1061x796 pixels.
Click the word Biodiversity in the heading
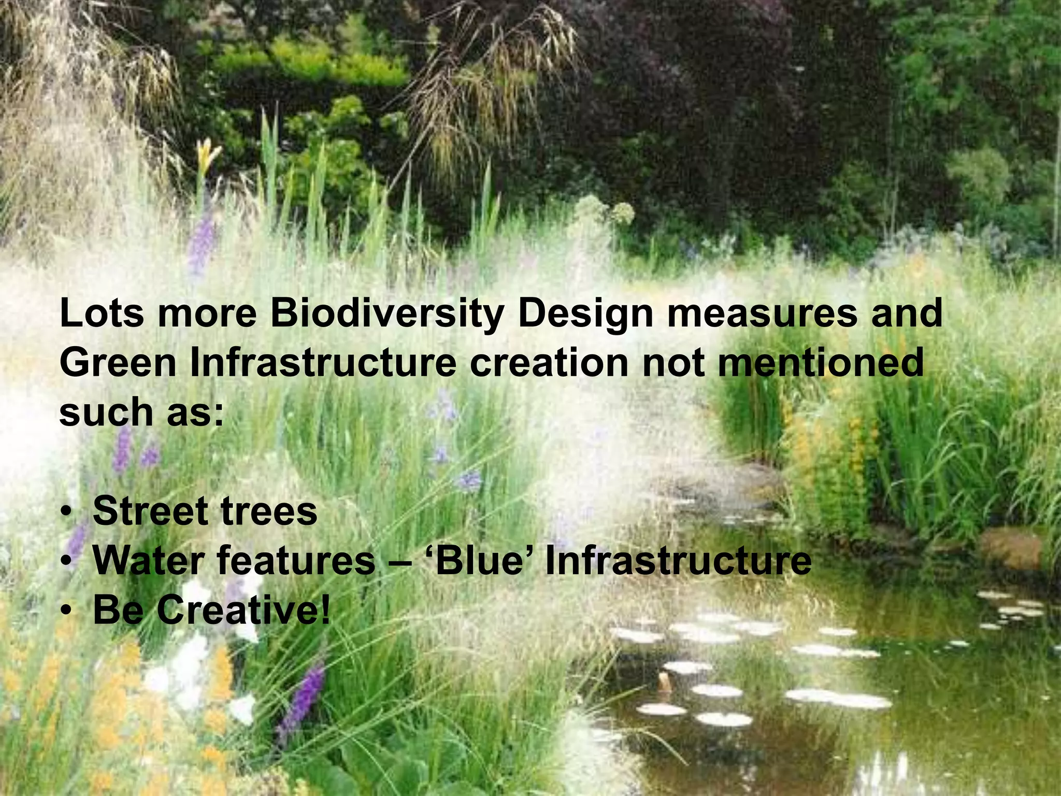point(386,314)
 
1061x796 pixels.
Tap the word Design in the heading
point(585,314)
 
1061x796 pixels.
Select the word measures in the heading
point(762,314)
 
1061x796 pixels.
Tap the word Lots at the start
point(102,314)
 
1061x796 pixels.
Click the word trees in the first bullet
point(269,511)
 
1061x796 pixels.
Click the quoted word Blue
point(479,560)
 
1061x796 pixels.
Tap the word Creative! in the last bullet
point(243,610)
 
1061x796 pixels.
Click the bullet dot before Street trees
point(66,513)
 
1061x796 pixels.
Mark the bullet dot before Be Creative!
point(66,612)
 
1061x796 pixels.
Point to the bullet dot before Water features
point(66,562)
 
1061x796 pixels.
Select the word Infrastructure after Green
point(323,363)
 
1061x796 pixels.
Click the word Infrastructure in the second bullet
point(678,560)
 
